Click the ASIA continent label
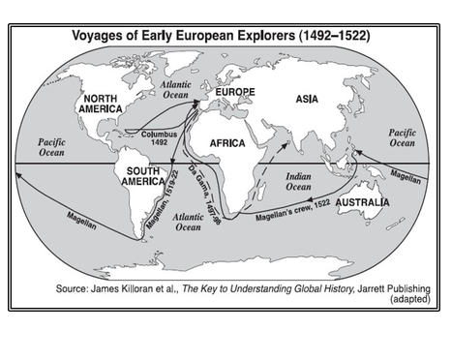307,97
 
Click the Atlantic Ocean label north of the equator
176,90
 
